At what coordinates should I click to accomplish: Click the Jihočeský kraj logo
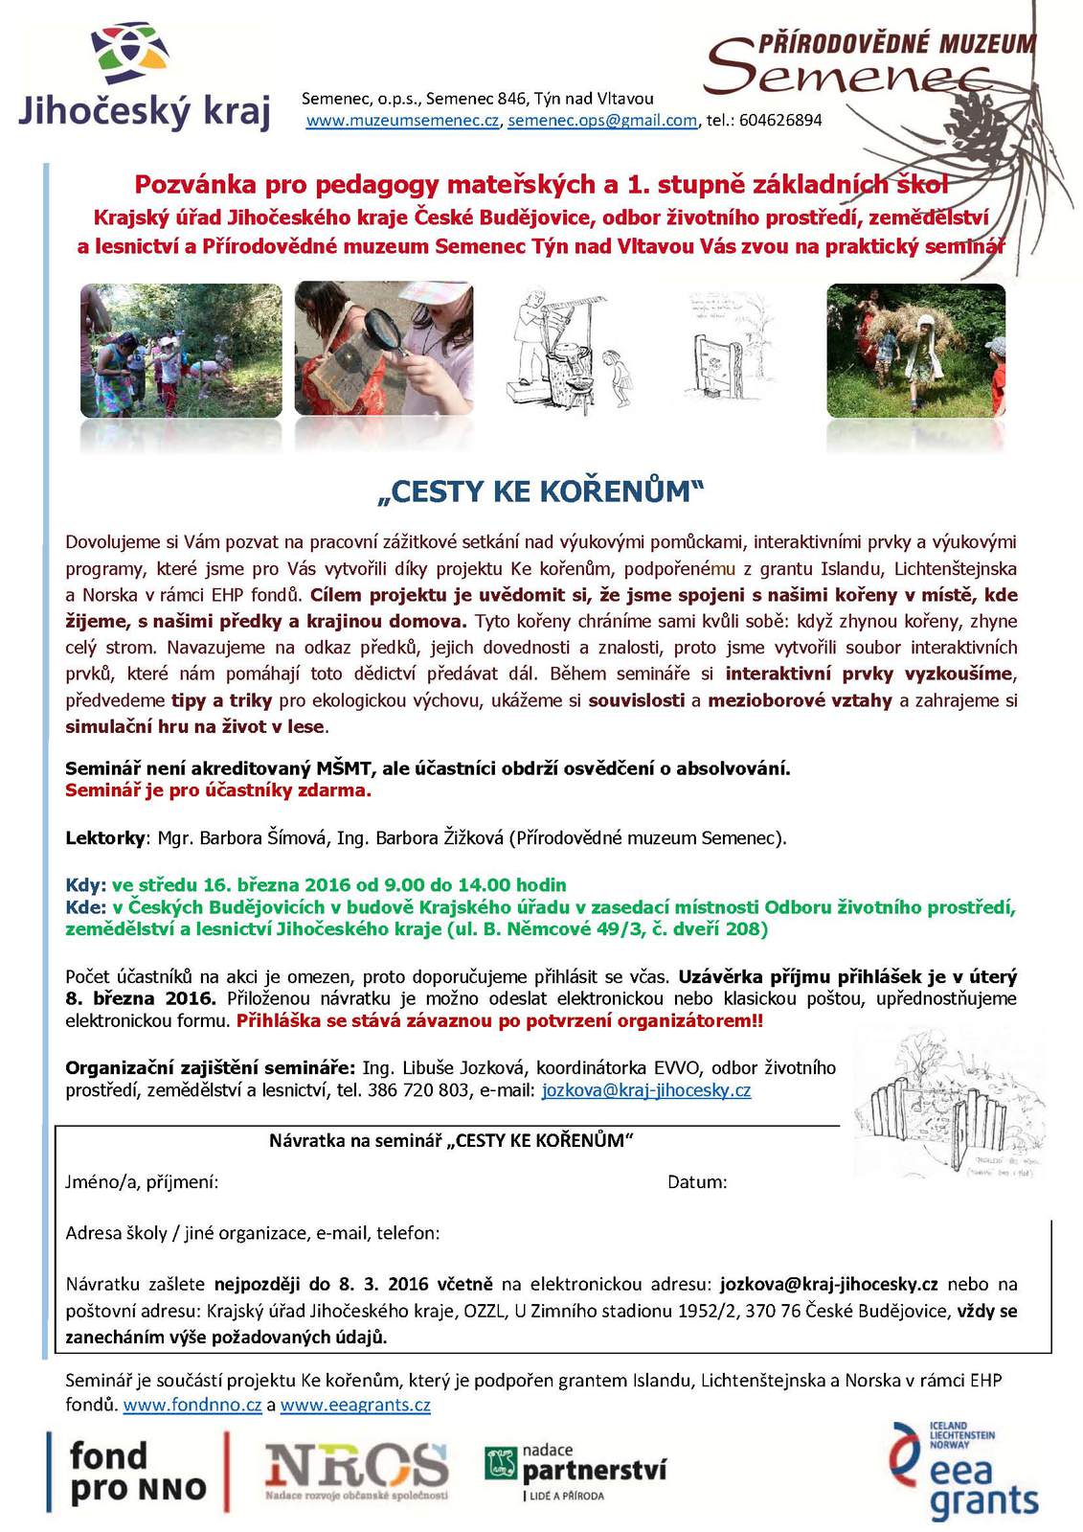point(144,78)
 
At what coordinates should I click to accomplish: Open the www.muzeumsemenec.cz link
point(403,121)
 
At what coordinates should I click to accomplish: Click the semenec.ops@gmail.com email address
point(602,121)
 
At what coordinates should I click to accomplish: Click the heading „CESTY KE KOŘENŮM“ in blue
point(541,492)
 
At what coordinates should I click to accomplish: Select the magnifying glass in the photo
point(388,334)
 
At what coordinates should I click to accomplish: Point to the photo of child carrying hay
point(914,350)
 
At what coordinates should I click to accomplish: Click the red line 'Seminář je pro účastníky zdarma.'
point(218,790)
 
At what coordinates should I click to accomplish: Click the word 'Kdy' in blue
point(83,884)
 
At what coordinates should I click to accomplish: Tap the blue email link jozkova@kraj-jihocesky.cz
point(645,1090)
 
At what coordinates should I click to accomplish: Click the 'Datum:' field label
point(697,1182)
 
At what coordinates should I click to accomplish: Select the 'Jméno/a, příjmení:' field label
point(142,1182)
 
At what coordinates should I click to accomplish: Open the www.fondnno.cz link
point(192,1406)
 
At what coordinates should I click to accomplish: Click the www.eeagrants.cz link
point(355,1406)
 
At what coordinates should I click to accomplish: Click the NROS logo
point(356,1470)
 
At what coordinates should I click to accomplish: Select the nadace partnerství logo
point(575,1471)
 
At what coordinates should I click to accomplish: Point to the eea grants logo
point(962,1471)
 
